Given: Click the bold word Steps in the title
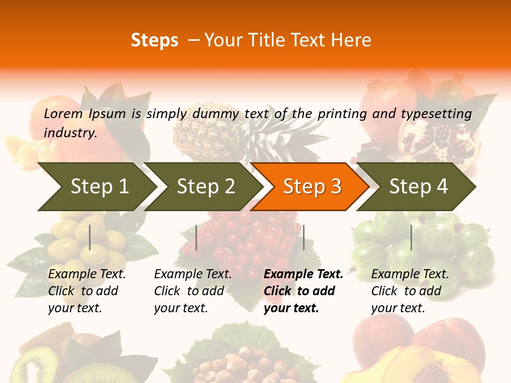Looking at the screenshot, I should [x=154, y=40].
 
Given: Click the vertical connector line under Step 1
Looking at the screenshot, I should [x=90, y=237].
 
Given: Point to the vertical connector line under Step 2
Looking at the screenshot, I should [x=196, y=237].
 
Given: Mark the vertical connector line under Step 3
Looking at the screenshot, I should [x=303, y=237].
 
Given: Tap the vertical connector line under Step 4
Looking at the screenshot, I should [x=411, y=237].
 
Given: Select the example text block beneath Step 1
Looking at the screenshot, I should [x=87, y=291].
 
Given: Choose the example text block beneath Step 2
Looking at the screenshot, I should [x=193, y=291].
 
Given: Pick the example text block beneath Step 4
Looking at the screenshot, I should [x=410, y=291].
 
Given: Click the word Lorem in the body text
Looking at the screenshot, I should [x=63, y=113].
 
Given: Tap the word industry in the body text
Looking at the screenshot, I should [x=70, y=133].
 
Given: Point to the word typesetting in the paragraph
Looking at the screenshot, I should [x=436, y=114].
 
